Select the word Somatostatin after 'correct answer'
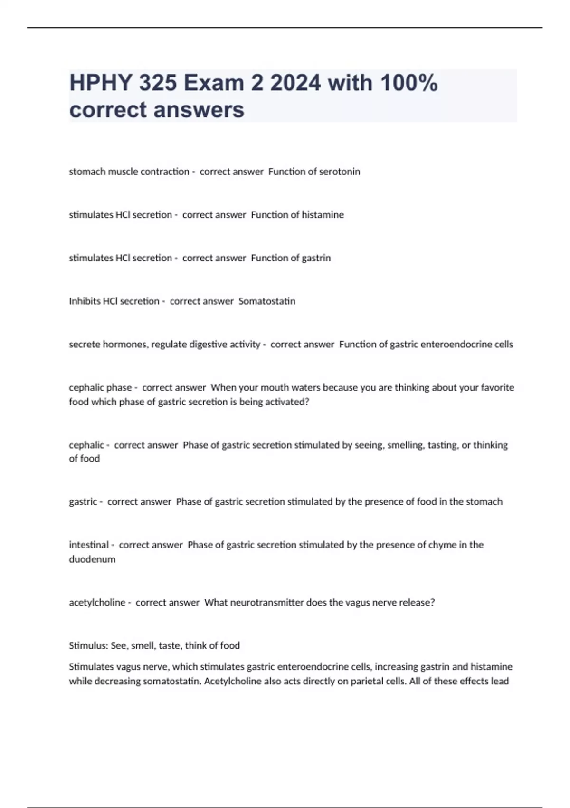point(266,301)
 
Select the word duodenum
point(92,559)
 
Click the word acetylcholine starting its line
point(97,603)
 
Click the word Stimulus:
point(88,646)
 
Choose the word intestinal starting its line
point(89,545)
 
